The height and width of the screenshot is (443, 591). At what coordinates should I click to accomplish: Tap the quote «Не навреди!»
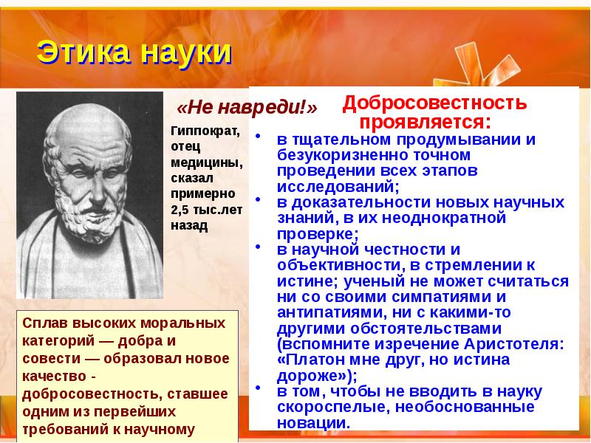click(x=248, y=108)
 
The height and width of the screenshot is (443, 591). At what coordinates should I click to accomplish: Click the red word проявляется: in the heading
click(x=425, y=120)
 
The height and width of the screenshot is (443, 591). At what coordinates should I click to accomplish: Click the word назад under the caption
click(x=189, y=227)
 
